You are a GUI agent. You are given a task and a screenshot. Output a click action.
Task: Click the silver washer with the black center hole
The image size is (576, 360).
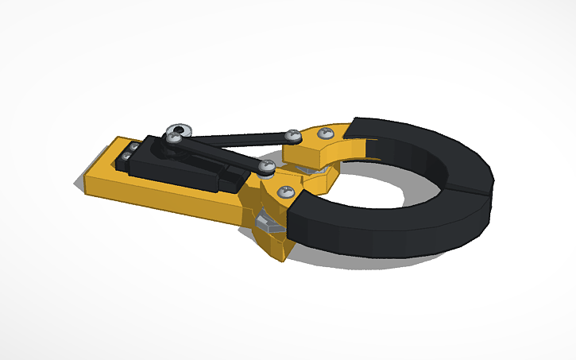(x=180, y=130)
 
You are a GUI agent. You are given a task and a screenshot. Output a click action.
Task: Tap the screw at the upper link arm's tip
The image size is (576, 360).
(x=293, y=136)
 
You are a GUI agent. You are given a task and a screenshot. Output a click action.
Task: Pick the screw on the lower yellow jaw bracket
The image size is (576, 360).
(x=284, y=191)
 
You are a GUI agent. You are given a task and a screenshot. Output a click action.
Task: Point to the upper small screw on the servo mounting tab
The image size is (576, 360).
(x=133, y=147)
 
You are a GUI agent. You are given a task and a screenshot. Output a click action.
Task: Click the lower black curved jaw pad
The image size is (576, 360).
(x=381, y=226)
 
